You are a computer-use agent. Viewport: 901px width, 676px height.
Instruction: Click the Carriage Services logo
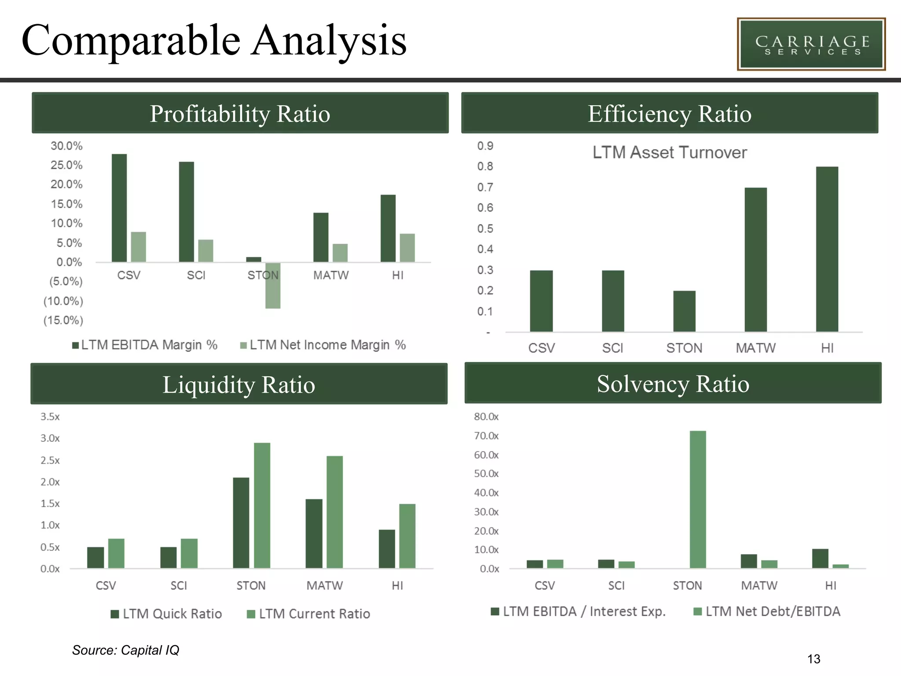(811, 44)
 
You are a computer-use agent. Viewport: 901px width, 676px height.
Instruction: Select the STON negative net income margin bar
(273, 286)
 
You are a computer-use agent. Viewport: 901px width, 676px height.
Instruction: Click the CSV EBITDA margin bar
(119, 208)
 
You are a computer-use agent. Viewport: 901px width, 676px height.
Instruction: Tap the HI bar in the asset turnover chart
(827, 249)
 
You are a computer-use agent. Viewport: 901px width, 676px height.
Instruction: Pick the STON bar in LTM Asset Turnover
(684, 311)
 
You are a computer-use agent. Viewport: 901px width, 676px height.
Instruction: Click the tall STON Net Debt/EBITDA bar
(698, 500)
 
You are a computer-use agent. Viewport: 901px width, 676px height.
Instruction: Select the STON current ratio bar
(262, 505)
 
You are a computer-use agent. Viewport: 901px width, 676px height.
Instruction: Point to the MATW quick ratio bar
(314, 533)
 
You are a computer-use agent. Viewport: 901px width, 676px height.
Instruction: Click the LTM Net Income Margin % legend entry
(323, 345)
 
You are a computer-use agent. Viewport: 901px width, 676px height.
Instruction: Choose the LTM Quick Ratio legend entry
(167, 614)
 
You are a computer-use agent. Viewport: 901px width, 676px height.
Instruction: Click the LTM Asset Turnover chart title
(669, 153)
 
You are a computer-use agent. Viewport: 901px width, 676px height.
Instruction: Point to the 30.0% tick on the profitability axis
(66, 146)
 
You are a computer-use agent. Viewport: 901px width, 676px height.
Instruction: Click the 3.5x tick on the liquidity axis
(50, 417)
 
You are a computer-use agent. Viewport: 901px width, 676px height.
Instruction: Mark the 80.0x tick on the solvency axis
(486, 417)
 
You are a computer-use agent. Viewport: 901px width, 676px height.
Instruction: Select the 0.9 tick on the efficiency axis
(485, 146)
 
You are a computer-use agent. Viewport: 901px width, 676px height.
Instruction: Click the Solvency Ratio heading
(673, 384)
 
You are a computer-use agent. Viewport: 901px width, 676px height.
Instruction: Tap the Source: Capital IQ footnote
(126, 650)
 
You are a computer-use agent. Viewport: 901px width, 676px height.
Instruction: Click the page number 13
(813, 659)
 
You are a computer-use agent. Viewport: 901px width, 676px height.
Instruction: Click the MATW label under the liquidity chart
(325, 586)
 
